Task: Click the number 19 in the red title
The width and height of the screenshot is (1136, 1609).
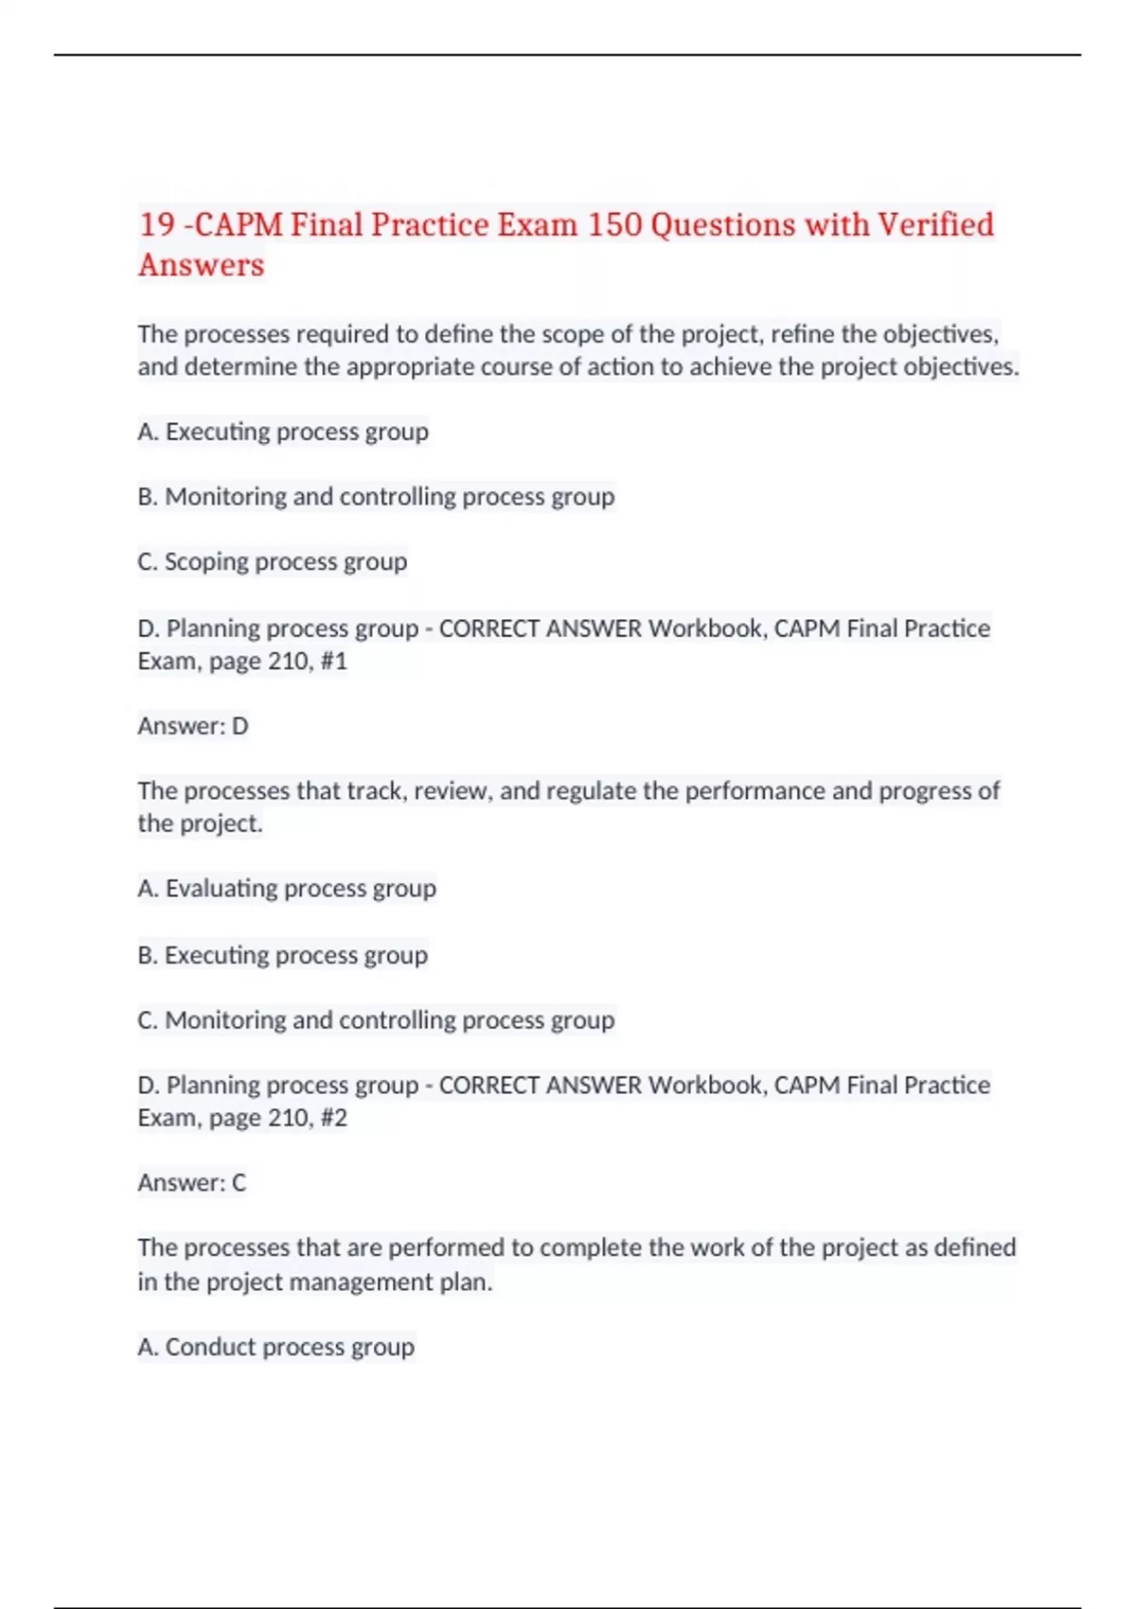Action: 157,225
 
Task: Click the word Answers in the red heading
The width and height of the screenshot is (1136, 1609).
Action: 201,265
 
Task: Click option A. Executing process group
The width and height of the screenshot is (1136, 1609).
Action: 283,432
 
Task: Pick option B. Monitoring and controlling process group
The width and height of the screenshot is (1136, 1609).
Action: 376,497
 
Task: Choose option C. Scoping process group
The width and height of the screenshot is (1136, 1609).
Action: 273,562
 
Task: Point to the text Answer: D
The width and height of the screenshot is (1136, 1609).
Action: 193,726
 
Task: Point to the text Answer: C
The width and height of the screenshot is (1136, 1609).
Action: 192,1183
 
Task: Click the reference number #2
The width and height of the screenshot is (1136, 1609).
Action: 334,1118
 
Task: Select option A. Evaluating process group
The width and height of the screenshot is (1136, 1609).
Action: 287,889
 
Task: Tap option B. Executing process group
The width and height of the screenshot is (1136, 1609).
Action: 283,955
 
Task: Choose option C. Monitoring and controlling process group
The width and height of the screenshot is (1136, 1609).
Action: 376,1020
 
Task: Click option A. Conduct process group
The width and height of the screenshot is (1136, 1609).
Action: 276,1347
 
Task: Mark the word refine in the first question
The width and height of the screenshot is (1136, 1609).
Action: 800,335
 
